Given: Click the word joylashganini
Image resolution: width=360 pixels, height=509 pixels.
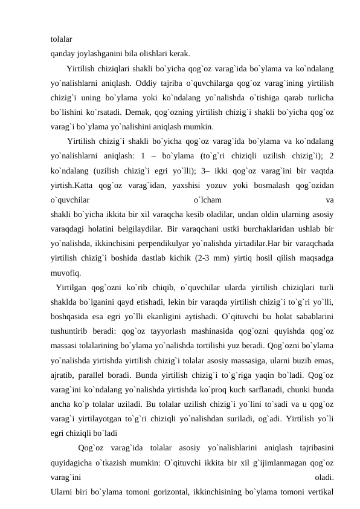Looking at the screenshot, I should [98, 52].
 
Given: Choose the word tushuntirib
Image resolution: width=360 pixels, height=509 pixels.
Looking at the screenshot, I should [74, 332].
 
